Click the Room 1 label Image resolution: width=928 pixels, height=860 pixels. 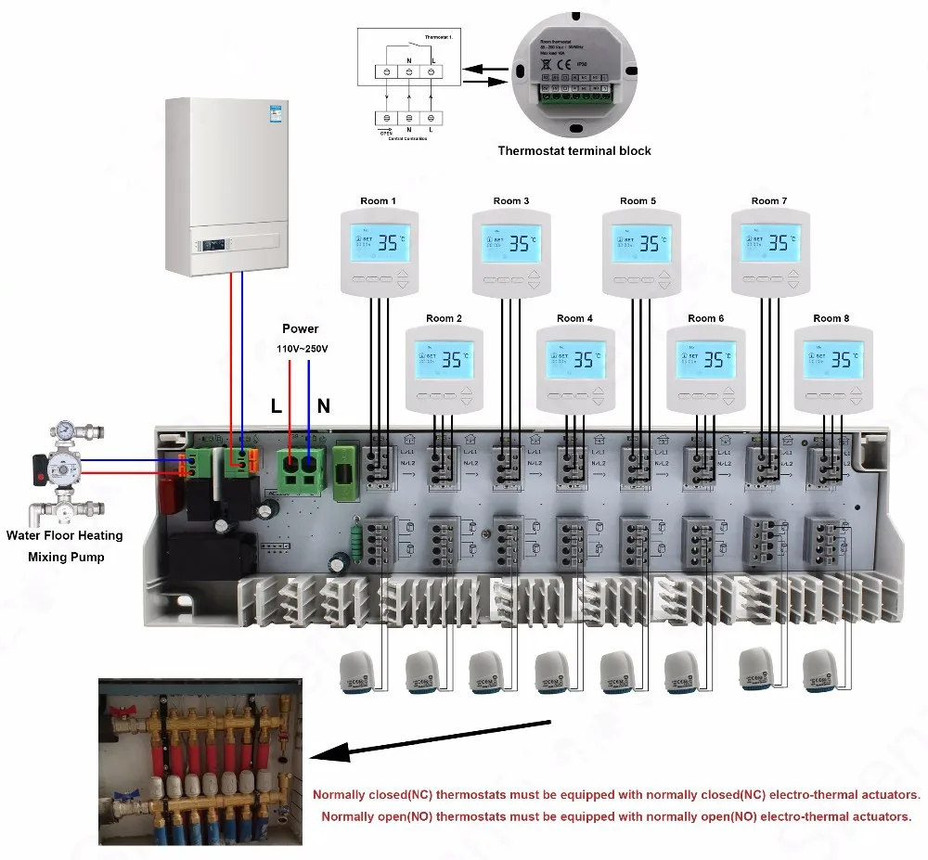pyautogui.click(x=379, y=201)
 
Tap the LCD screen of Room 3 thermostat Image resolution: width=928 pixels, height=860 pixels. pyautogui.click(x=510, y=243)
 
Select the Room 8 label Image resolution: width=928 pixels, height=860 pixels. pyautogui.click(x=831, y=318)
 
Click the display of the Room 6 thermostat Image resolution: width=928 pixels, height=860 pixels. pyautogui.click(x=705, y=360)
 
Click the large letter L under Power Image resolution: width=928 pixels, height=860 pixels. pyautogui.click(x=277, y=405)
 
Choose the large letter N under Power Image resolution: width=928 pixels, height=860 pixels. pyautogui.click(x=324, y=405)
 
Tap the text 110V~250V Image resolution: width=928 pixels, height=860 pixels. pyautogui.click(x=302, y=349)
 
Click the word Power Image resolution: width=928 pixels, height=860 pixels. pyautogui.click(x=300, y=328)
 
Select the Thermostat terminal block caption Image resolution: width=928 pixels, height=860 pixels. pyautogui.click(x=574, y=150)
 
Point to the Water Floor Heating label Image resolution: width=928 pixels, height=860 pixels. pyautogui.click(x=64, y=535)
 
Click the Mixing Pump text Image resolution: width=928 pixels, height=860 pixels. pyautogui.click(x=66, y=558)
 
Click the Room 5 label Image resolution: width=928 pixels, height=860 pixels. pyautogui.click(x=638, y=201)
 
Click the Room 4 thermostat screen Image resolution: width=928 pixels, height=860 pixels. pyautogui.click(x=574, y=360)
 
